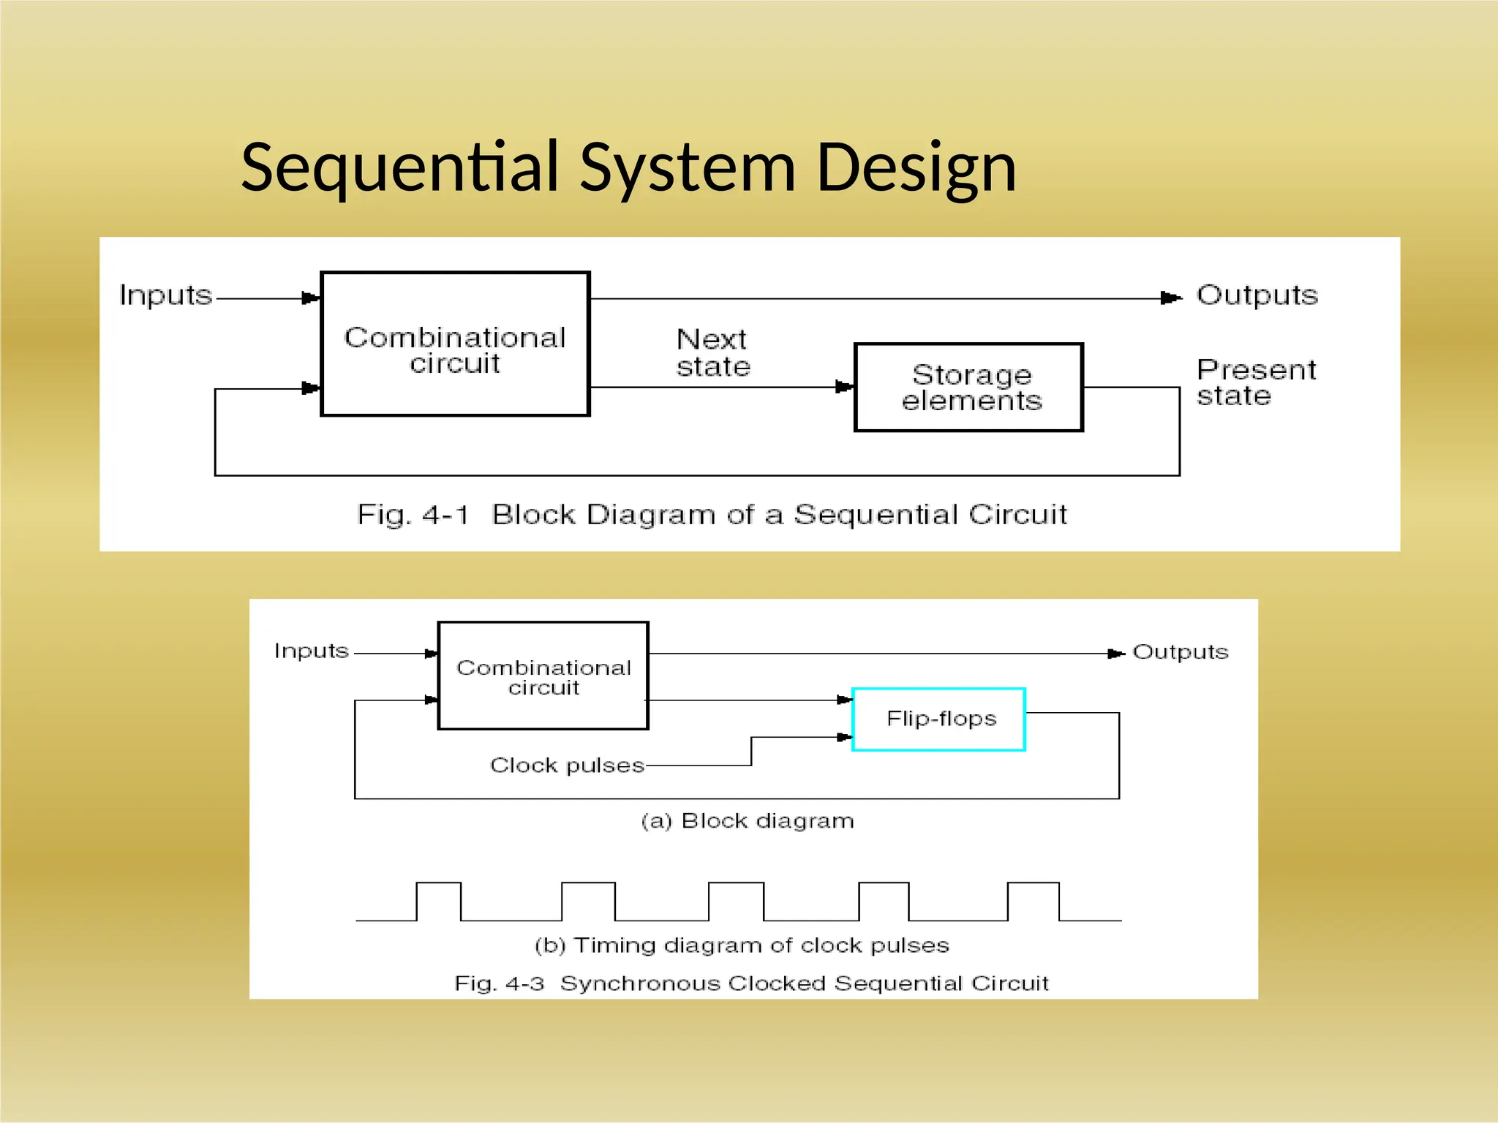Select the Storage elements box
[x=968, y=387]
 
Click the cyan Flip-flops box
[x=939, y=719]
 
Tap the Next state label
[x=713, y=353]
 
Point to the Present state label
[x=1255, y=382]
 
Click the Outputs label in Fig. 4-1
[x=1256, y=295]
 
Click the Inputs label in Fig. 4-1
[x=165, y=295]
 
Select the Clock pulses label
[x=567, y=765]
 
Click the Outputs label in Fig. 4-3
[x=1180, y=652]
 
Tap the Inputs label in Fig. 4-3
[x=312, y=651]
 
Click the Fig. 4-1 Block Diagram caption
[x=711, y=515]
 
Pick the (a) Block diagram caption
[x=748, y=821]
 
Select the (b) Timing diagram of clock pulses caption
[x=742, y=945]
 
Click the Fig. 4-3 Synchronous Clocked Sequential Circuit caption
[x=751, y=983]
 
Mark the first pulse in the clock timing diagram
[x=438, y=901]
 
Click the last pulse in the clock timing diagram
[x=1033, y=901]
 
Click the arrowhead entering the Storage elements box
[x=845, y=387]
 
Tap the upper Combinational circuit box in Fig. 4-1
[x=455, y=344]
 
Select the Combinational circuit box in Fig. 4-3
[x=543, y=676]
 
